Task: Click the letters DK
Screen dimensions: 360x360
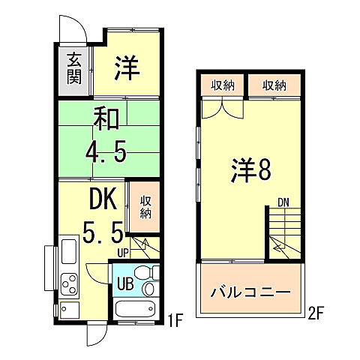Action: (102, 199)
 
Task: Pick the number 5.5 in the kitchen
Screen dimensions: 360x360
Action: (103, 233)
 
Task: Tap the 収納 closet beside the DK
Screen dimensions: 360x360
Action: (145, 203)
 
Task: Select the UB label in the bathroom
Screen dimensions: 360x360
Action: (124, 283)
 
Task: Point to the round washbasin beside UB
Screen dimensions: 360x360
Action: (148, 289)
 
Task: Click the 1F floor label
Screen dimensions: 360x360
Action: (175, 323)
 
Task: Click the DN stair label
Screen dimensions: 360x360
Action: (283, 202)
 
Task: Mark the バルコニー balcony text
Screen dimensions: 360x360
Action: (250, 291)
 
